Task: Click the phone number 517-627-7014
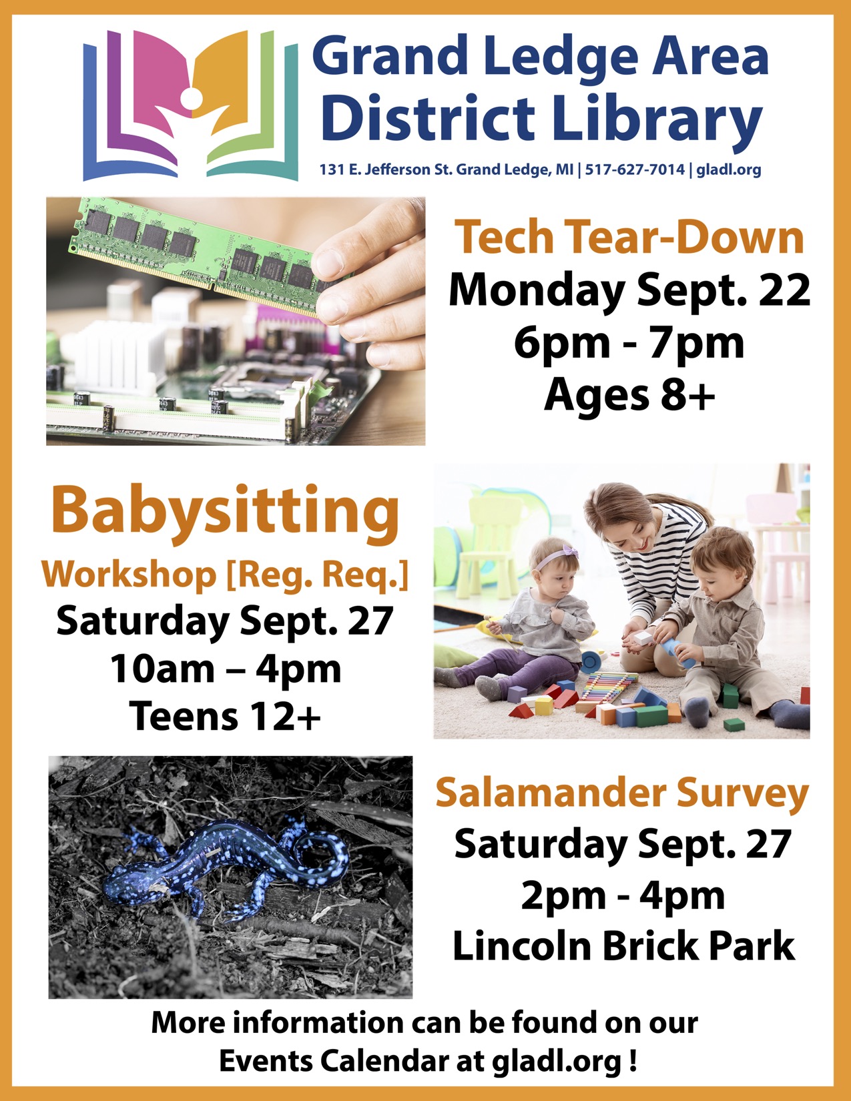click(635, 169)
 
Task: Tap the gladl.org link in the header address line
click(729, 170)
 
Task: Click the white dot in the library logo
click(191, 98)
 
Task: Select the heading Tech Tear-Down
click(629, 237)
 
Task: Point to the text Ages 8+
click(629, 396)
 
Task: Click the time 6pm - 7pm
click(629, 343)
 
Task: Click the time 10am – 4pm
click(226, 669)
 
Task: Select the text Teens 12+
click(225, 716)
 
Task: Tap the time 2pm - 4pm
click(623, 895)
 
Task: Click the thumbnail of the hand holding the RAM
click(236, 321)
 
